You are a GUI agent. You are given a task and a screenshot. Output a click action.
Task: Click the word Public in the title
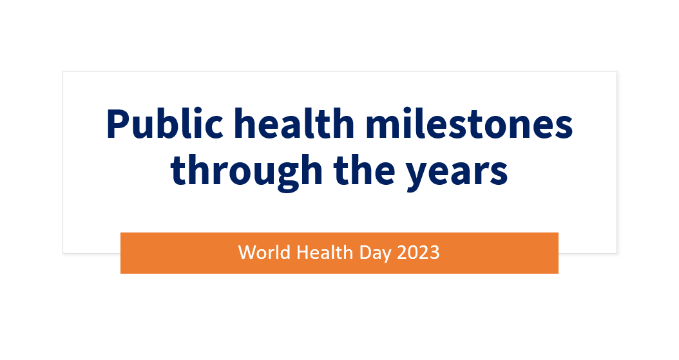(x=164, y=124)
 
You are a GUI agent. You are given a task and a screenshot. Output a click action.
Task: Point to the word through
(x=246, y=172)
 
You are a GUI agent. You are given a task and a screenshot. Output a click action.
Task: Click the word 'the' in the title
(x=364, y=170)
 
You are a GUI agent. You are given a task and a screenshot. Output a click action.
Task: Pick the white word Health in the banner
(x=324, y=252)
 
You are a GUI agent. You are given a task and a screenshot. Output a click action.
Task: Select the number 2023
(x=418, y=252)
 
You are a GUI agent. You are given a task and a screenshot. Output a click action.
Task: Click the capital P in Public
(x=117, y=125)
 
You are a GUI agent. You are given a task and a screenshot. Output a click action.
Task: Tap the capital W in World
(x=247, y=252)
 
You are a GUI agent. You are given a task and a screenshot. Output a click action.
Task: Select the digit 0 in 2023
(x=413, y=252)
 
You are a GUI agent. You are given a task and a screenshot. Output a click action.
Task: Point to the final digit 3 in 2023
(x=434, y=252)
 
